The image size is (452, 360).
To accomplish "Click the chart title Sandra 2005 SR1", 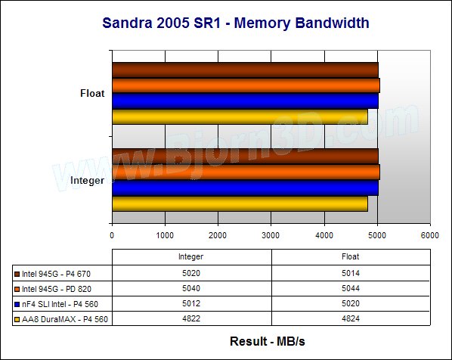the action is click(x=161, y=23).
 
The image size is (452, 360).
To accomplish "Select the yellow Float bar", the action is click(x=240, y=116).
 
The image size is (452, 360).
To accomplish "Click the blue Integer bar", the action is click(x=246, y=188).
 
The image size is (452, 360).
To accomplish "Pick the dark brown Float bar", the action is click(x=246, y=70).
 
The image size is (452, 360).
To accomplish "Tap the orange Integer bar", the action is click(x=246, y=172).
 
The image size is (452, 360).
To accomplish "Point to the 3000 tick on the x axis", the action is click(x=271, y=235).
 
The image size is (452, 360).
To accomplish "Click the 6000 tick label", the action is click(x=430, y=235).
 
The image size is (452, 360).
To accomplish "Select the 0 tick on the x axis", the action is click(x=112, y=235).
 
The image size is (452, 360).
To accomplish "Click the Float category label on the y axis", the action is click(x=92, y=94).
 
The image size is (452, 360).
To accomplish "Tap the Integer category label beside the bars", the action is click(x=88, y=181).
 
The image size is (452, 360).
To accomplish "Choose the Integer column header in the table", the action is click(x=190, y=256).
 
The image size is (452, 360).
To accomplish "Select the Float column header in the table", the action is click(x=351, y=256).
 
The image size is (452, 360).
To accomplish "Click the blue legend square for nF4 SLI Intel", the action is click(x=17, y=304).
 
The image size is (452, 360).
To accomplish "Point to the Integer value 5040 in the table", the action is click(x=191, y=288).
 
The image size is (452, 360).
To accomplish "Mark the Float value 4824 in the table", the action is click(x=351, y=318).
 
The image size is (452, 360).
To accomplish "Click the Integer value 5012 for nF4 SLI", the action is click(x=191, y=303).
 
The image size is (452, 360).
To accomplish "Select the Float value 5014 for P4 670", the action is click(x=351, y=273).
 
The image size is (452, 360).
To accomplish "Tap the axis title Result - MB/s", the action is click(x=268, y=342).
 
